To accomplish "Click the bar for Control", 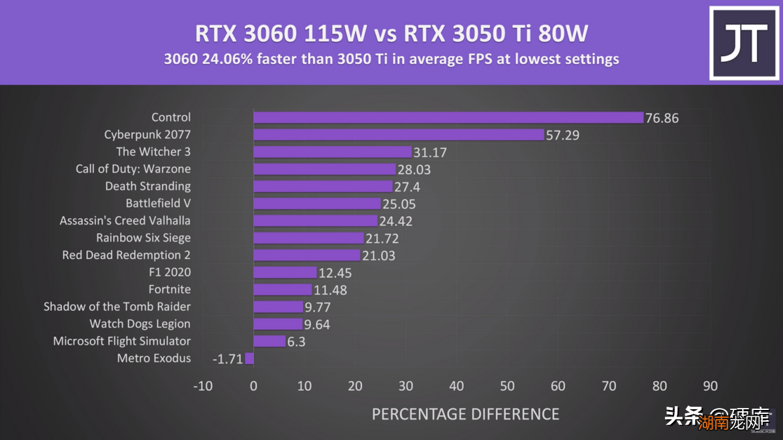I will [448, 118].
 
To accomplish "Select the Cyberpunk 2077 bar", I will [398, 134].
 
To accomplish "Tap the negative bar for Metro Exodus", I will [249, 358].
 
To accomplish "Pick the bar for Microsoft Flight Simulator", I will [269, 341].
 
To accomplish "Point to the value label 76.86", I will [662, 118].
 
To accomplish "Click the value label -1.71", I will [226, 358].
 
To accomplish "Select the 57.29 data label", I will [562, 135].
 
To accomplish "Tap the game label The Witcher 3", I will [153, 151].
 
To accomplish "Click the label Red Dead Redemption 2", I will [127, 255].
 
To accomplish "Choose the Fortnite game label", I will [170, 289].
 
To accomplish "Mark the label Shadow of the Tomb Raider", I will [117, 306].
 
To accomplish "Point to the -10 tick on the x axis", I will [202, 386].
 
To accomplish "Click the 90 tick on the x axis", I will [710, 386].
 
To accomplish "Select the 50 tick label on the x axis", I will [507, 386].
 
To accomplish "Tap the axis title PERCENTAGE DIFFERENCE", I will [465, 414].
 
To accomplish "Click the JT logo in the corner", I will [743, 44].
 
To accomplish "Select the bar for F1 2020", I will [284, 272].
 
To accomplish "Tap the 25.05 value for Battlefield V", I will [399, 204].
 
